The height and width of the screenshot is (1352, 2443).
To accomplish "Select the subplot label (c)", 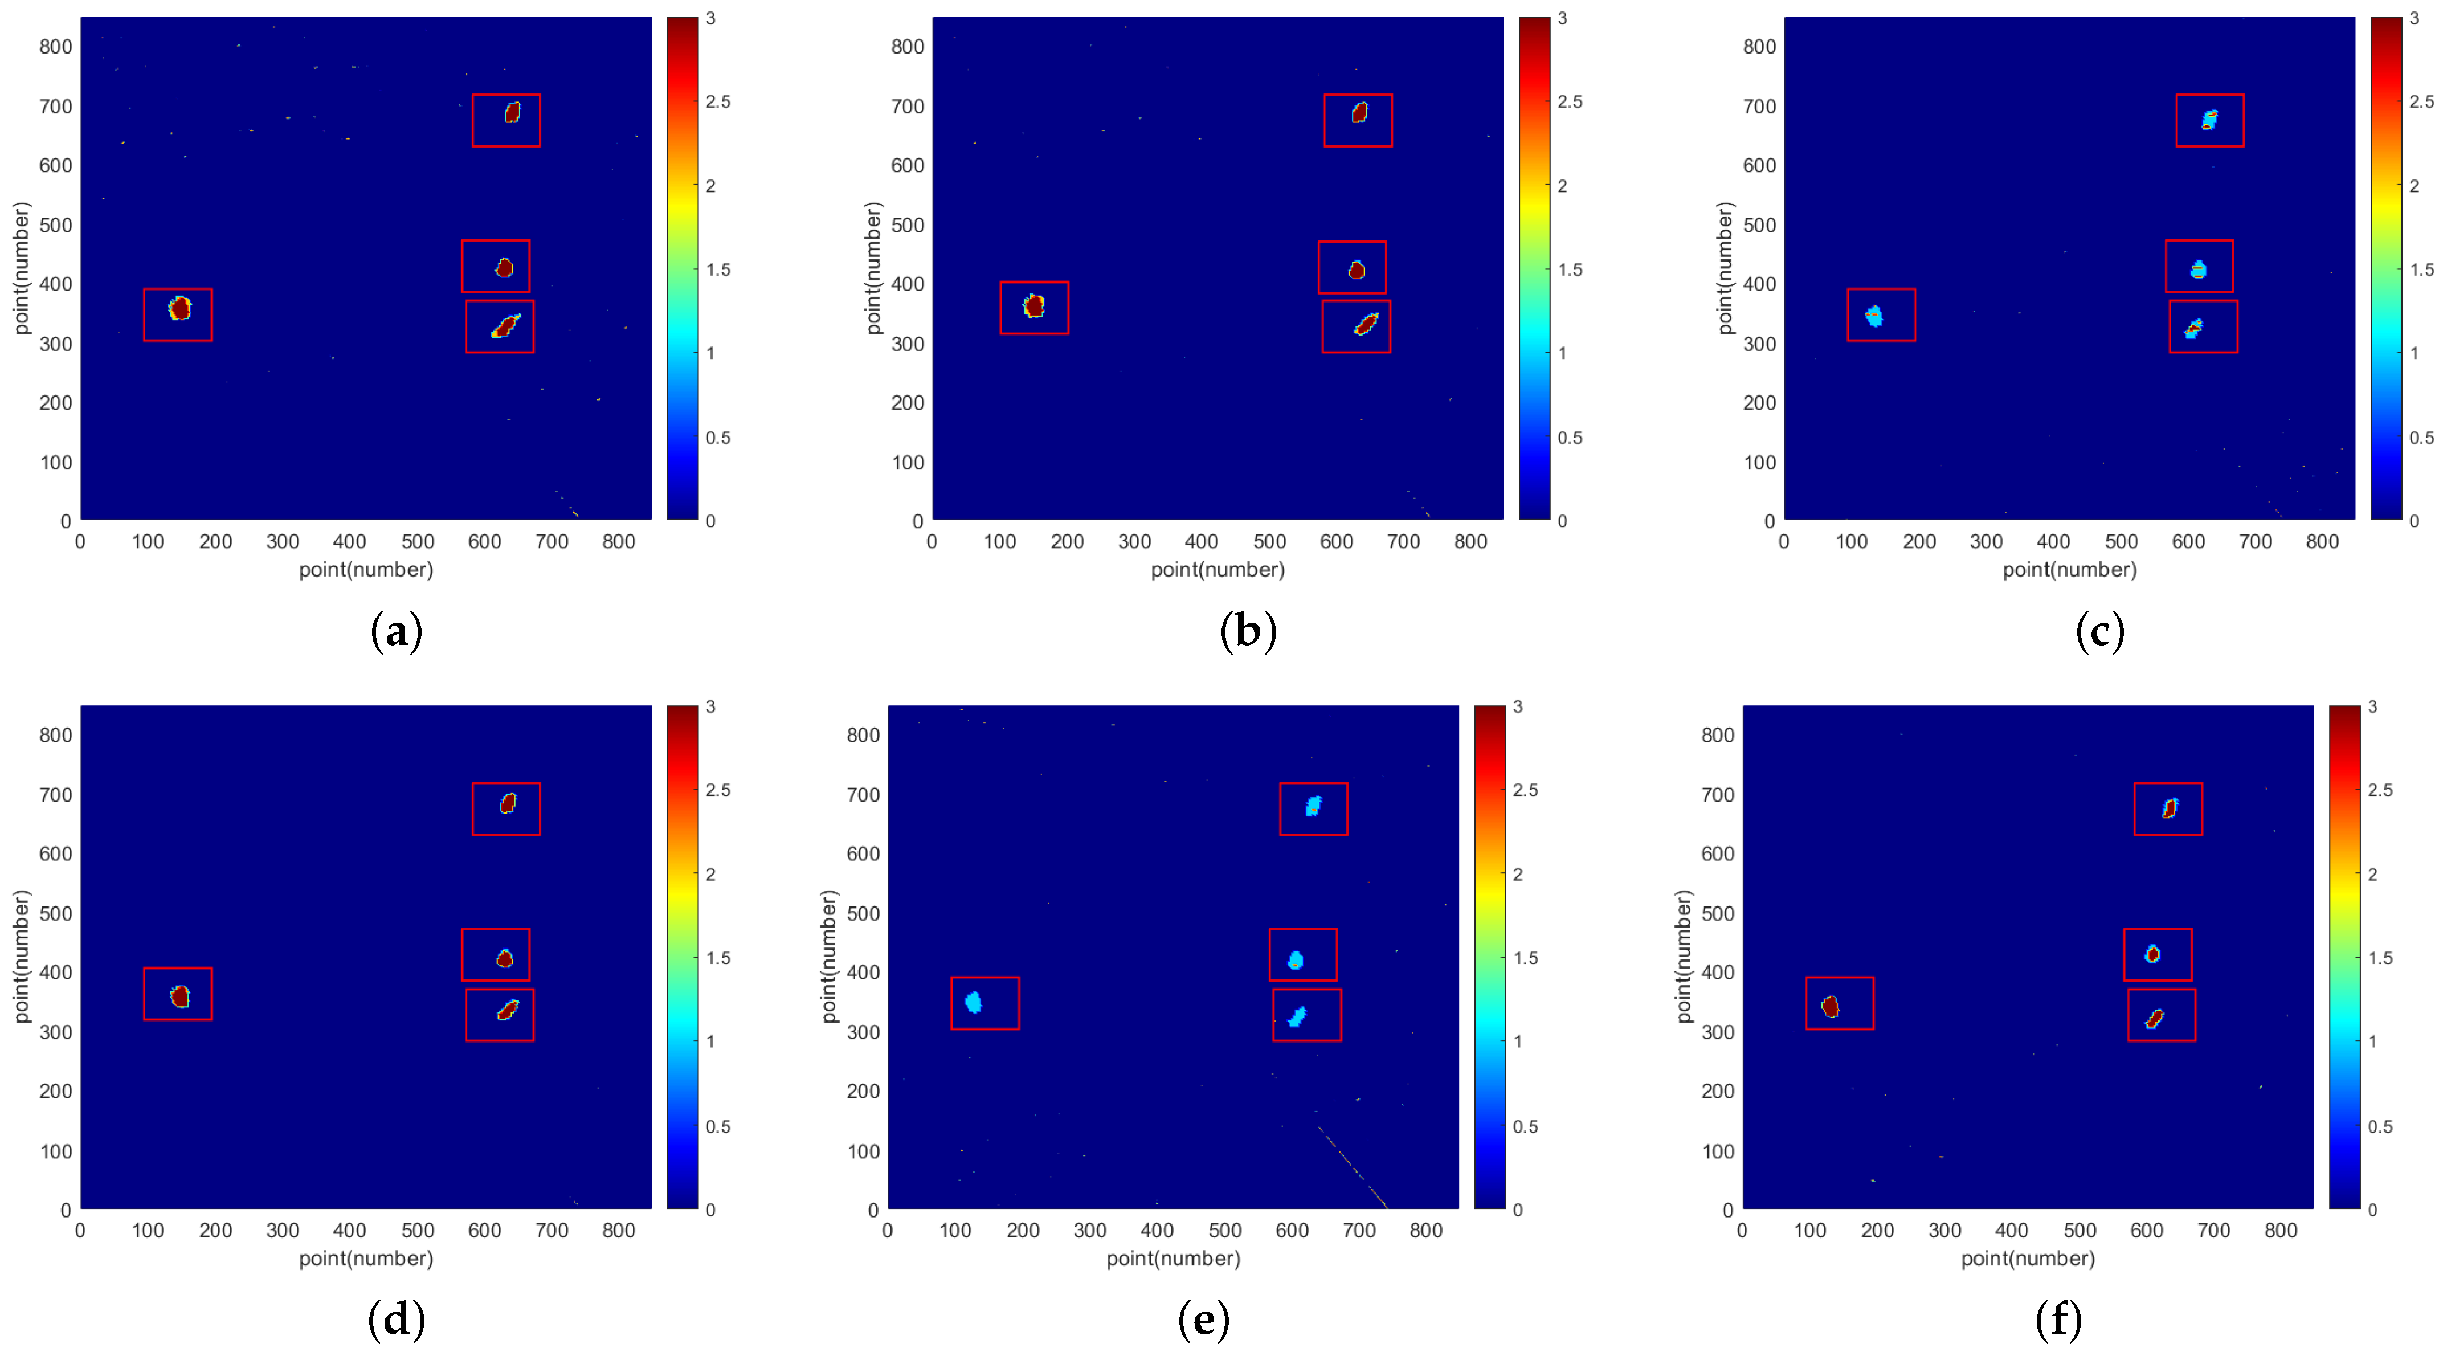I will pyautogui.click(x=2099, y=631).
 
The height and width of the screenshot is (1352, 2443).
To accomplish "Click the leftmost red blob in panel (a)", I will pyautogui.click(x=179, y=308).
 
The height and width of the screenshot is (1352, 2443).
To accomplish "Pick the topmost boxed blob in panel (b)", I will pyautogui.click(x=1359, y=113).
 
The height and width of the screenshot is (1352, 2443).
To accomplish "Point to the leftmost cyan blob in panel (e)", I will pyautogui.click(x=973, y=1002).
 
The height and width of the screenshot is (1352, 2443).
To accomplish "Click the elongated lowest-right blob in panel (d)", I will pyautogui.click(x=508, y=1011).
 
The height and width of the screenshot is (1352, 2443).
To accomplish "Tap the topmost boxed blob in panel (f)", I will pyautogui.click(x=2169, y=808).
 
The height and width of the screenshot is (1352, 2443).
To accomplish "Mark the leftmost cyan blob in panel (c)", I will pyautogui.click(x=1874, y=316).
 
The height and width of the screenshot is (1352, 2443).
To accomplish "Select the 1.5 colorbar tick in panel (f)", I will pyautogui.click(x=2379, y=958).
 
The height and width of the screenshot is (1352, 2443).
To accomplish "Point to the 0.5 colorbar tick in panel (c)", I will pyautogui.click(x=2421, y=437).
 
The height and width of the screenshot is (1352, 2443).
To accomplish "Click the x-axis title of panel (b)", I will pyautogui.click(x=1218, y=569).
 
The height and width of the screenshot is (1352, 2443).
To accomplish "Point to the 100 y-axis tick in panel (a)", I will pyautogui.click(x=55, y=463).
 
